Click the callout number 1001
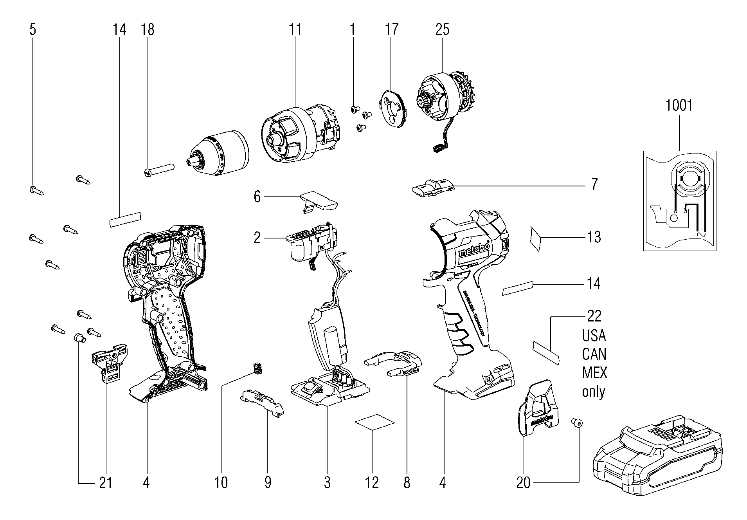[x=679, y=106]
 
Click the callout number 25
[x=442, y=30]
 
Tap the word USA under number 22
[x=594, y=336]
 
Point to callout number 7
[x=594, y=184]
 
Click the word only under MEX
[x=594, y=392]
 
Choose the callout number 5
[x=33, y=30]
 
